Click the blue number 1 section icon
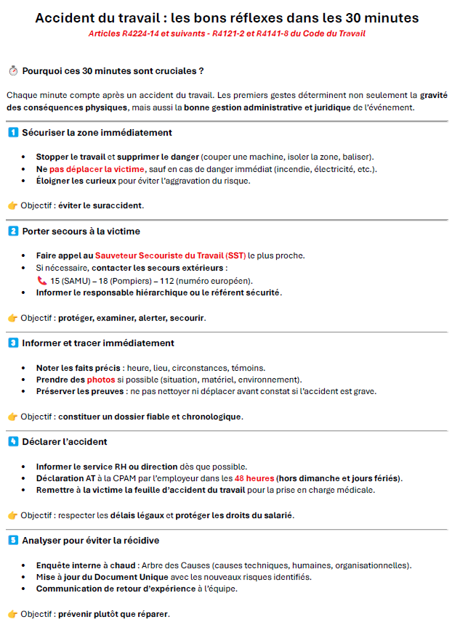tap(13, 133)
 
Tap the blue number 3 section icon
tap(13, 343)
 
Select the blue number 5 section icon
tap(13, 541)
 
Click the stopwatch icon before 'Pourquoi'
tap(13, 71)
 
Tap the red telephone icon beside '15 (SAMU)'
tap(41, 281)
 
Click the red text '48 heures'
tap(254, 478)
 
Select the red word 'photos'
tap(101, 380)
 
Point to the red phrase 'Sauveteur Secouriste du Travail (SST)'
tap(170, 255)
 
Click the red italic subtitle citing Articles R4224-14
tap(227, 34)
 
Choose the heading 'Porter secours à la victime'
tap(81, 232)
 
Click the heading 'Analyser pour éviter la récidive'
tap(91, 541)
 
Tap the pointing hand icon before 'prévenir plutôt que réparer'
tap(12, 614)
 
